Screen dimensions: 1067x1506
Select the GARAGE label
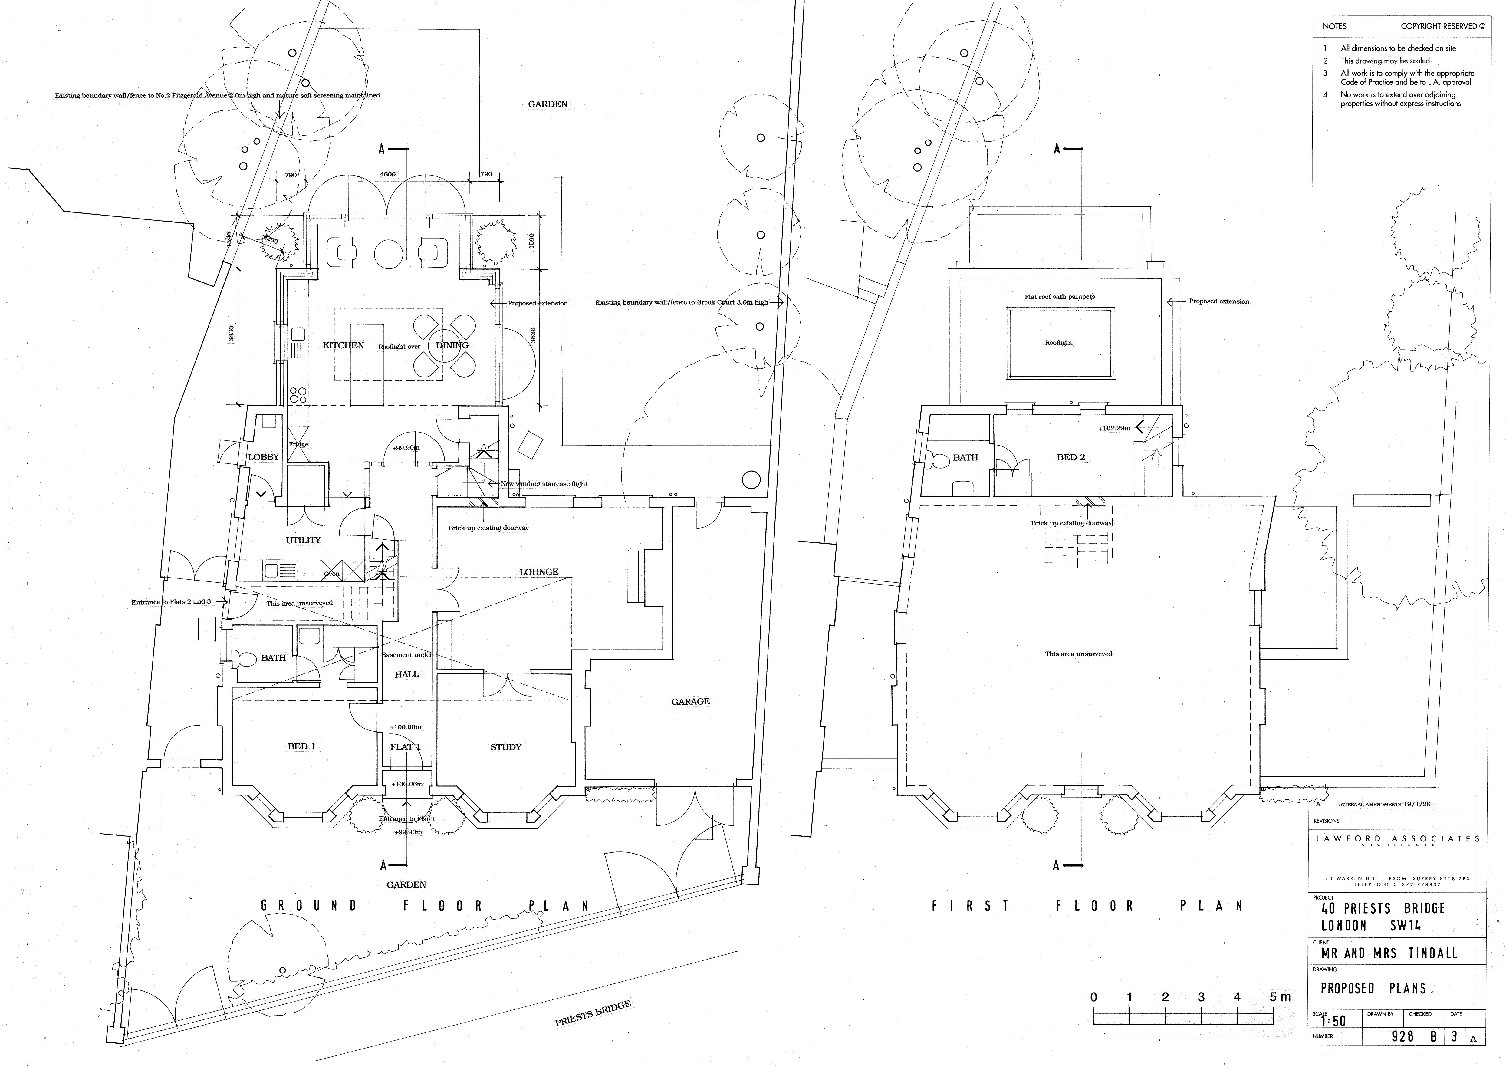[690, 702]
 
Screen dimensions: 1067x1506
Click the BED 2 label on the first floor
[1070, 457]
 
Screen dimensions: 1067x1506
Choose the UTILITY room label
[304, 540]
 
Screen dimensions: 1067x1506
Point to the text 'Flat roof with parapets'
[1059, 297]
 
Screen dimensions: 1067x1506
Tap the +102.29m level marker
[1114, 428]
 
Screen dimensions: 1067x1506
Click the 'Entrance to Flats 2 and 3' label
[171, 602]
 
